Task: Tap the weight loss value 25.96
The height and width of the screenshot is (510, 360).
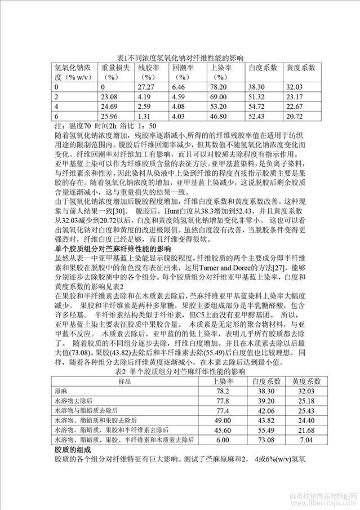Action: pyautogui.click(x=112, y=116)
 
